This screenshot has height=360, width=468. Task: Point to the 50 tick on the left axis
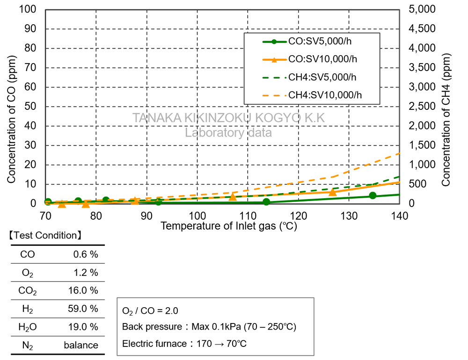pos(30,107)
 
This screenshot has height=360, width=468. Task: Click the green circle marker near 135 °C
pos(373,195)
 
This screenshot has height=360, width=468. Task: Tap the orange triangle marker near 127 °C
pos(333,192)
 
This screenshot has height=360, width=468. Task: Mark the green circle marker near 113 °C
pos(266,202)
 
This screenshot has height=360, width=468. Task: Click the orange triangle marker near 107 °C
pos(233,197)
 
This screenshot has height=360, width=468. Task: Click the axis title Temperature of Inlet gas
pos(229,226)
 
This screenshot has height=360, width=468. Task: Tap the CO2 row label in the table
pos(27,291)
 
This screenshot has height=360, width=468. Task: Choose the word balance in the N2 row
pos(81,346)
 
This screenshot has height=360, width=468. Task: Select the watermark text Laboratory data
pos(228,133)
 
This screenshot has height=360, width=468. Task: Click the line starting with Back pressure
pos(209,327)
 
